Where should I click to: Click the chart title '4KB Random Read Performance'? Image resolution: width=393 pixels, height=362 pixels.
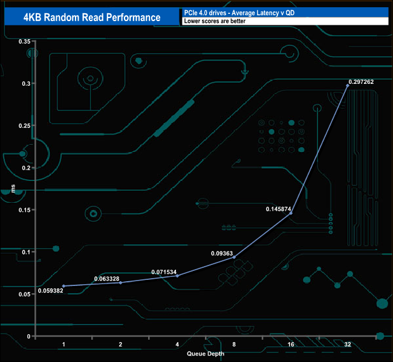click(92, 17)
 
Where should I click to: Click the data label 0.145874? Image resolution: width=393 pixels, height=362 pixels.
click(279, 209)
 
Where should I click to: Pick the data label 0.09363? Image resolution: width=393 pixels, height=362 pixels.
click(222, 253)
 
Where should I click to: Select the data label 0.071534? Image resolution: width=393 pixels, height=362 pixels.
click(164, 273)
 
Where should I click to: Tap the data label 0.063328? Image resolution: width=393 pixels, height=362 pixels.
click(107, 279)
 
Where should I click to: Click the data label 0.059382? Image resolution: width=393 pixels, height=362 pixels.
click(50, 291)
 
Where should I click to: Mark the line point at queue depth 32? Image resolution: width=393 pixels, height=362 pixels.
click(348, 86)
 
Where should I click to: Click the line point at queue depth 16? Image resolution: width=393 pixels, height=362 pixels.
click(291, 214)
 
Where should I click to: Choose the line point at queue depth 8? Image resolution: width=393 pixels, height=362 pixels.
click(234, 257)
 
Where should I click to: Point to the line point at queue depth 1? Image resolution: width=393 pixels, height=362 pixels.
click(63, 286)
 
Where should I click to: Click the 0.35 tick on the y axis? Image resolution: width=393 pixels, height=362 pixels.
click(24, 41)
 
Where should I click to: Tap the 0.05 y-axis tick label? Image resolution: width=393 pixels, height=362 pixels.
click(24, 294)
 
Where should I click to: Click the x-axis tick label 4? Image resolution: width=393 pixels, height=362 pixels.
click(177, 344)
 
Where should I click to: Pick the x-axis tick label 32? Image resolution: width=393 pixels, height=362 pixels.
click(348, 344)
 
